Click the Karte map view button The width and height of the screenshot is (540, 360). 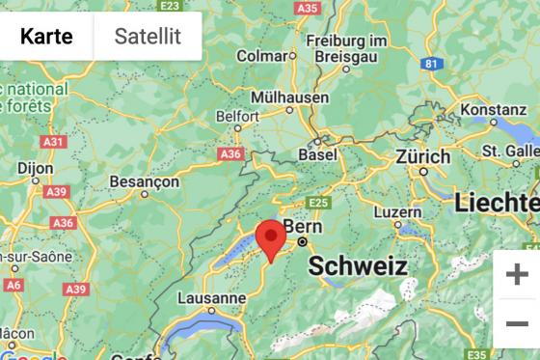click(46, 37)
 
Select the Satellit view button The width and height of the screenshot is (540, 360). click(147, 37)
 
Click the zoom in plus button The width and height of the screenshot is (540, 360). click(517, 274)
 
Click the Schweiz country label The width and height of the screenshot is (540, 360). click(358, 266)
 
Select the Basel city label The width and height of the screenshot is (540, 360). click(318, 154)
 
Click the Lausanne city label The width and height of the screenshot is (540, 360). click(212, 298)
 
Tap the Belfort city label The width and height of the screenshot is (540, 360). click(238, 117)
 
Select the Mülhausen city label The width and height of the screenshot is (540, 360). click(288, 97)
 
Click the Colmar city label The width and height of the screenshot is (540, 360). click(262, 56)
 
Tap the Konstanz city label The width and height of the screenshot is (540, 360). click(493, 111)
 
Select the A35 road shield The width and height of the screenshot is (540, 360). click(309, 8)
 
